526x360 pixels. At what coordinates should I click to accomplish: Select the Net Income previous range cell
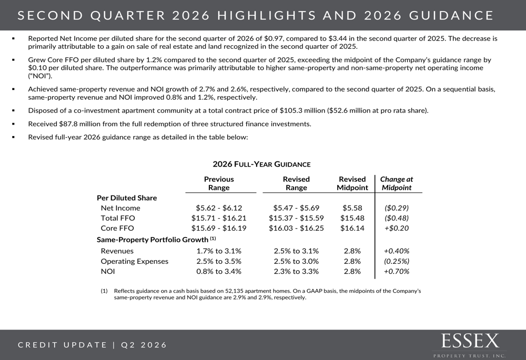(x=219, y=208)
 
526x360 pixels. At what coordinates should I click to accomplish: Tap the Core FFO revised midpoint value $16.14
(x=352, y=228)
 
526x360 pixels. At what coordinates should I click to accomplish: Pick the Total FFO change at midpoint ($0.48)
(x=397, y=218)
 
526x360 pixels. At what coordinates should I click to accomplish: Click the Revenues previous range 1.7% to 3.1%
(x=219, y=251)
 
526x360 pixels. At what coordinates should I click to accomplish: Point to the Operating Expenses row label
(x=135, y=261)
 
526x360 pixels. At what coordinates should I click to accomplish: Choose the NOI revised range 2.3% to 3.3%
(x=296, y=272)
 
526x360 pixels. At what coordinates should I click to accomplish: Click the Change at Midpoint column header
(x=397, y=183)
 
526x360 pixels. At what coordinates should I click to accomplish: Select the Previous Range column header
(x=219, y=183)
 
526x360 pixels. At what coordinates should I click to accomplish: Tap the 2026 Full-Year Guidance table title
(x=261, y=164)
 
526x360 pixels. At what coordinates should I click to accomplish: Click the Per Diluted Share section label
(x=127, y=198)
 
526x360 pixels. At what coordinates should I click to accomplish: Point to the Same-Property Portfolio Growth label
(x=153, y=240)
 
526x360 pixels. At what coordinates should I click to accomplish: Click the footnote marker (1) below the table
(x=104, y=291)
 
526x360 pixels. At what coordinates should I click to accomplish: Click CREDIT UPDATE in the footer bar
(x=63, y=345)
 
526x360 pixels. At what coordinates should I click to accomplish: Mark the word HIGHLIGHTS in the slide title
(x=266, y=15)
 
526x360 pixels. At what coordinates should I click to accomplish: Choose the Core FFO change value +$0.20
(x=397, y=228)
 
